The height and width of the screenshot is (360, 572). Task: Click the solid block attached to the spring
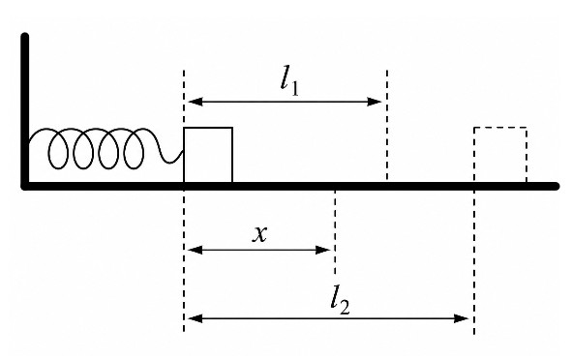click(x=208, y=155)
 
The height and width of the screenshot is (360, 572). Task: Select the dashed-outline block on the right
click(x=500, y=155)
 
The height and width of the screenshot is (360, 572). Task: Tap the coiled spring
click(x=105, y=148)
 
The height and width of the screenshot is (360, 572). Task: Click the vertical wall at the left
click(x=25, y=109)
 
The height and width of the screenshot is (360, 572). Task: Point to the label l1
click(x=289, y=81)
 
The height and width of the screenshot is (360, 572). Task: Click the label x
click(x=259, y=234)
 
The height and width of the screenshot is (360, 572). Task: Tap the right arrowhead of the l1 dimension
click(x=375, y=102)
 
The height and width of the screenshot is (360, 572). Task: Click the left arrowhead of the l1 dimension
click(x=196, y=102)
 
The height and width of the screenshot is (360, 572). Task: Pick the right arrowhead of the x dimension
click(x=323, y=250)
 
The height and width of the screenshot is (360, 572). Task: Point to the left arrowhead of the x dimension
click(x=196, y=250)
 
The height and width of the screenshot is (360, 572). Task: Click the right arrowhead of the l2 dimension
click(x=461, y=318)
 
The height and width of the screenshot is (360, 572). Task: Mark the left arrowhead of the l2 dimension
click(x=196, y=318)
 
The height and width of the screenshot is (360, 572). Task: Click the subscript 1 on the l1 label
click(x=295, y=89)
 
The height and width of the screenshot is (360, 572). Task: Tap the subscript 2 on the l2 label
click(x=345, y=308)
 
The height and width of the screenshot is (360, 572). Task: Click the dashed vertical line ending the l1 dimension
click(x=387, y=125)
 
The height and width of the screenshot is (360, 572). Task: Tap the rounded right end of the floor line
click(x=557, y=186)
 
